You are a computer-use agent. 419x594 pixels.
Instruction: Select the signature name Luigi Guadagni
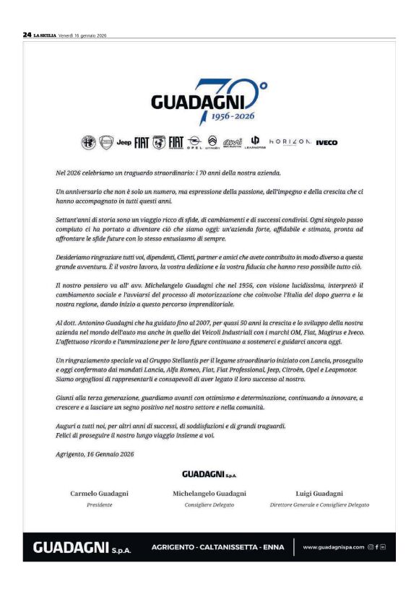319,494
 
